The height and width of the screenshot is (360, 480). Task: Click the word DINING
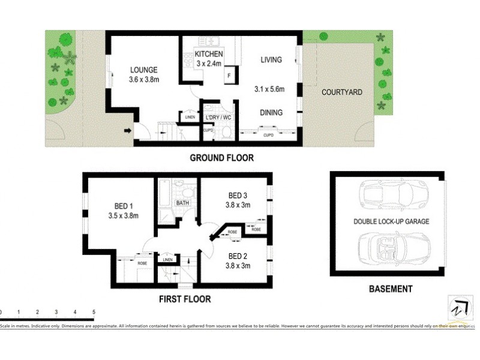tap(271, 112)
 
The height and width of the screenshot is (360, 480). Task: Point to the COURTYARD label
tap(342, 92)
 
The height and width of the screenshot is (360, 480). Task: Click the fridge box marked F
tap(229, 76)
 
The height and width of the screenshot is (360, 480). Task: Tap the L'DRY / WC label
tap(218, 117)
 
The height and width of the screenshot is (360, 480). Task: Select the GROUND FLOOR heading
tap(221, 158)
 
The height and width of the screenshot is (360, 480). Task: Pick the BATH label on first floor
tap(182, 203)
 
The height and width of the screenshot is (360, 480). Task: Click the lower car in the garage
tap(391, 247)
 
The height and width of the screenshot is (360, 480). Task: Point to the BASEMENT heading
tap(390, 289)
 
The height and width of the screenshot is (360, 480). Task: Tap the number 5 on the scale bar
tap(94, 312)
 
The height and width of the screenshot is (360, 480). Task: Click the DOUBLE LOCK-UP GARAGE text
tap(391, 221)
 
